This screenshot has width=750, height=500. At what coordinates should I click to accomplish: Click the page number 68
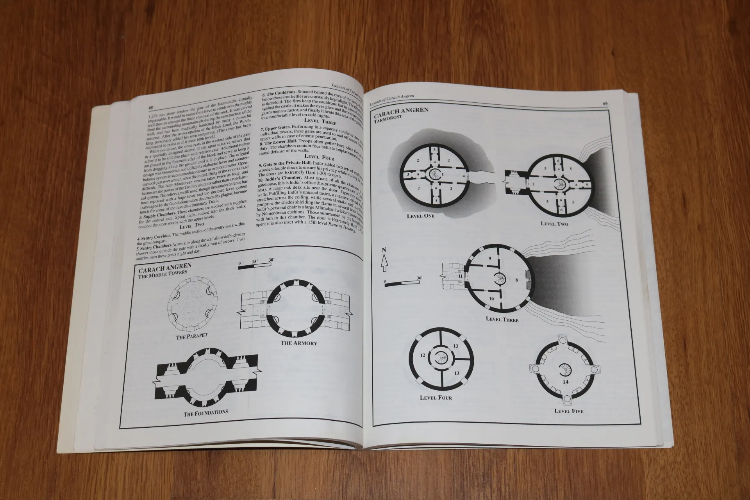point(150,107)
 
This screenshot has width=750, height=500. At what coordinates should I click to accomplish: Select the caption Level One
point(420,216)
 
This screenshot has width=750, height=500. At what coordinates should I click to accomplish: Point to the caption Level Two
point(554,223)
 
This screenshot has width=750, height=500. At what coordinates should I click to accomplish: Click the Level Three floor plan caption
point(502,319)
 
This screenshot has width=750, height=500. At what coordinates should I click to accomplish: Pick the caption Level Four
point(436,398)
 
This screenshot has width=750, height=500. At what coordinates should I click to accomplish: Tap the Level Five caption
point(569,411)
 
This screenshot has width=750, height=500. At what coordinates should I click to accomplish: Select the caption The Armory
point(299,343)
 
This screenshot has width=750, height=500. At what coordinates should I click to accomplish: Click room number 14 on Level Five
point(566,381)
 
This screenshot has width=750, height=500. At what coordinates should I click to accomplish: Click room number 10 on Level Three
point(491,309)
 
